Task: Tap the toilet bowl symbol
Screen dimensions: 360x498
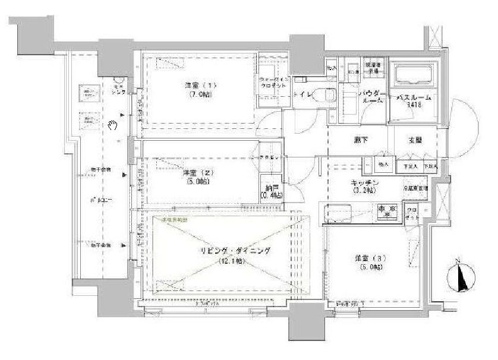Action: click(325, 94)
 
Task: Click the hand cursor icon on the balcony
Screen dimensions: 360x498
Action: click(113, 124)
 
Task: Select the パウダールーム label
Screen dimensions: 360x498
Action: click(373, 97)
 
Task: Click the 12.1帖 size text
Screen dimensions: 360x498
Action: click(231, 261)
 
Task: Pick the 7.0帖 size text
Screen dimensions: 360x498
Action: click(198, 95)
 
